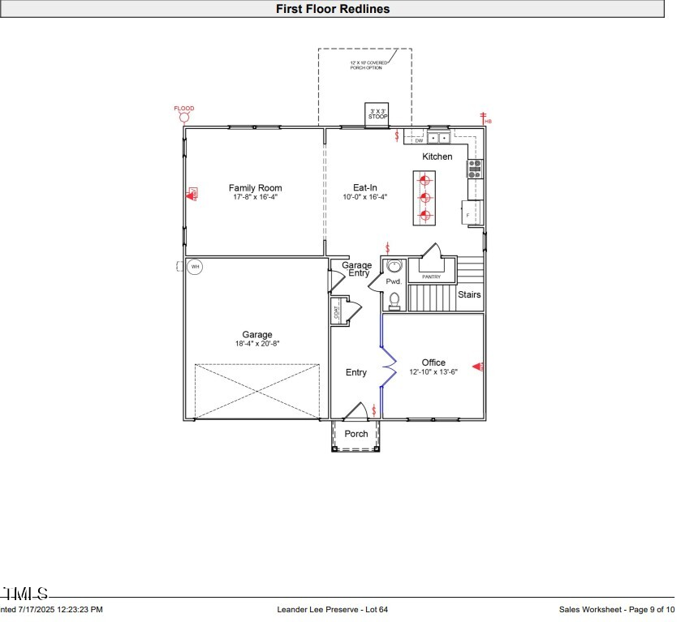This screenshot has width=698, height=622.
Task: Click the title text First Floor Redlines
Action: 333,9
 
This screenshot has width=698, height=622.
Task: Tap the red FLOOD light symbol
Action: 184,118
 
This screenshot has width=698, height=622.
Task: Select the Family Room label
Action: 255,188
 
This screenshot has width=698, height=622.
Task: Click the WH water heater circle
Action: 195,266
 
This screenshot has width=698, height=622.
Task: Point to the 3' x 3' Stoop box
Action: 378,114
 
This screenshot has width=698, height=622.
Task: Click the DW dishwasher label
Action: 419,139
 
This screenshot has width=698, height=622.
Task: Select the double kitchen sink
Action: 439,139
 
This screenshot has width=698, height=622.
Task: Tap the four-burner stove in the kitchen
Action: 475,168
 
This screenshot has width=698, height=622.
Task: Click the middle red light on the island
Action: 424,197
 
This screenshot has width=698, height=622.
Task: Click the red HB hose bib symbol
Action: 484,118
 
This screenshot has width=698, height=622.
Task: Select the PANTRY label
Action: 431,277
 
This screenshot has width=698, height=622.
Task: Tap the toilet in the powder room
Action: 394,300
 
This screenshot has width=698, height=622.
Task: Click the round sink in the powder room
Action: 394,266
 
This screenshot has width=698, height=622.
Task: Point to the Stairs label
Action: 469,294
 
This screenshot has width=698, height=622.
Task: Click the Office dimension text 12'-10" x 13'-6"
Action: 433,372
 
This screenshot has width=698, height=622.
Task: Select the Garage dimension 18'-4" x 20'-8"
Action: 256,344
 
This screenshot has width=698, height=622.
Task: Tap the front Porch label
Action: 356,434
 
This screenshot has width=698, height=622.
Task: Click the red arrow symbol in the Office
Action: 478,367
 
